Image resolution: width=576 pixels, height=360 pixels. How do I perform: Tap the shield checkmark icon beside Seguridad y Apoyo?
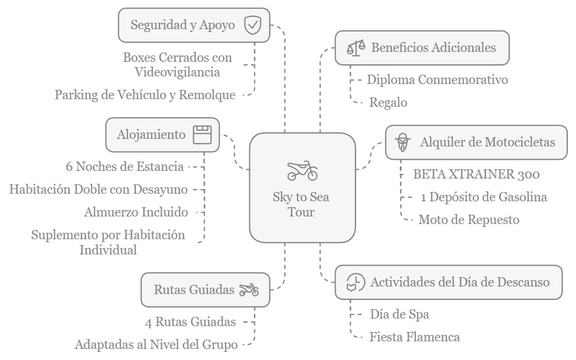252,25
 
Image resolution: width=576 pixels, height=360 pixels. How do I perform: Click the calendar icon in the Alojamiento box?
203,134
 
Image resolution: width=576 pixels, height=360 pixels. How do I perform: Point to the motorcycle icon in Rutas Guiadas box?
249,289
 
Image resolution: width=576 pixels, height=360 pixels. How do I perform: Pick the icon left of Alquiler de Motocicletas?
402,142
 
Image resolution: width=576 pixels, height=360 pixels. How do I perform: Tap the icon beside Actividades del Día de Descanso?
355,282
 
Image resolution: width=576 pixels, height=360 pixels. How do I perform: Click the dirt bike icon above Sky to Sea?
302,170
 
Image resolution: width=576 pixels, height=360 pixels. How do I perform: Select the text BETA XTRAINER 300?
476,174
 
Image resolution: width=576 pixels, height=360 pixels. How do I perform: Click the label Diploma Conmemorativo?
437,79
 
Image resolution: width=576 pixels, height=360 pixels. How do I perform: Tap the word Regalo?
388,103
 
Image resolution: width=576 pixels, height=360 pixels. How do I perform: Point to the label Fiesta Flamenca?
414,337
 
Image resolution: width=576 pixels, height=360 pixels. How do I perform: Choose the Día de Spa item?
399,314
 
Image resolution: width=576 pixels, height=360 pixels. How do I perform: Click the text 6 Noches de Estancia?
125,166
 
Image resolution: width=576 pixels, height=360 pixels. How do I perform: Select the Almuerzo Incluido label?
136,212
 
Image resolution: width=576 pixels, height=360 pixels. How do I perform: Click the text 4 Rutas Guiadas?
190,321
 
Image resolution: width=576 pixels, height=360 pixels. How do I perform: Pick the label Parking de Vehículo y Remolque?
145,95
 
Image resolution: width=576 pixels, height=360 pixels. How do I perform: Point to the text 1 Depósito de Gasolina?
484,197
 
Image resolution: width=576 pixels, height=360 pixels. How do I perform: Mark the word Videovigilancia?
177,72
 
